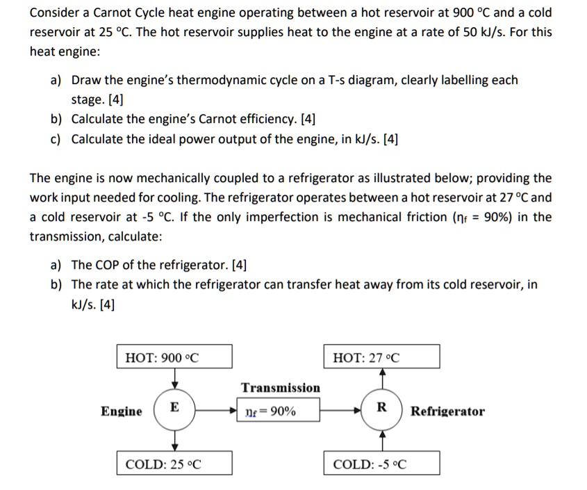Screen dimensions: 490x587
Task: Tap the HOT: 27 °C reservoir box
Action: (381, 357)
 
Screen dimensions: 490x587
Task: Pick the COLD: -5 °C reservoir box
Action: (381, 464)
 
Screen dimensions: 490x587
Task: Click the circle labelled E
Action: (174, 409)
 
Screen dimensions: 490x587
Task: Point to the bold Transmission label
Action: (281, 388)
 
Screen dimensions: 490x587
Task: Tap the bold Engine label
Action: (122, 411)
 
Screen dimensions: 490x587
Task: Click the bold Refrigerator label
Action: (448, 411)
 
